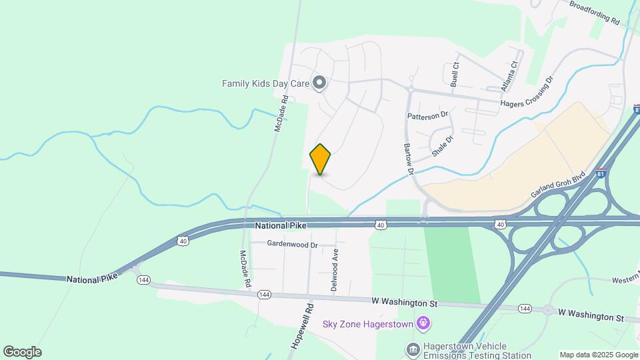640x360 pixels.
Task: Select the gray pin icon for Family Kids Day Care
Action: click(319, 83)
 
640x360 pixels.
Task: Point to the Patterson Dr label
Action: click(427, 115)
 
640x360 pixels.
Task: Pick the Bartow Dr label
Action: click(408, 159)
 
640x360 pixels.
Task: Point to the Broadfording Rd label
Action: click(595, 12)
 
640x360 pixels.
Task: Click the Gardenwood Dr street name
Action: click(293, 245)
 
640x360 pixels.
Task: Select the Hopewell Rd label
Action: click(302, 326)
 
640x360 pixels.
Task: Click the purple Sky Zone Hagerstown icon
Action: click(422, 324)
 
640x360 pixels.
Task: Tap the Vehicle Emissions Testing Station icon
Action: click(413, 348)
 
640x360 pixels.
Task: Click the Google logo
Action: click(22, 352)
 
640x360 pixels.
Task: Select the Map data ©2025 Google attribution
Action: click(598, 355)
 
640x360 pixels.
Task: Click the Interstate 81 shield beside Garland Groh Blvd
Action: click(602, 172)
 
